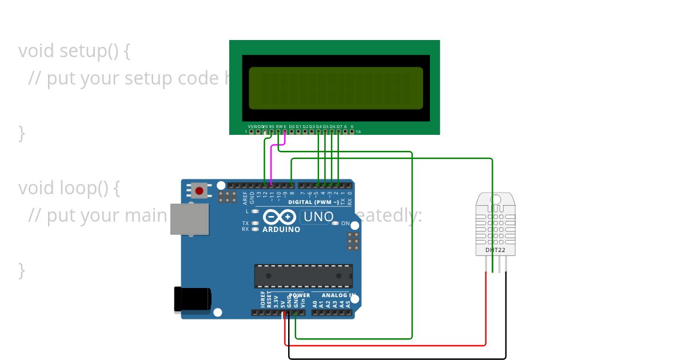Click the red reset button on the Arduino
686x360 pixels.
point(199,190)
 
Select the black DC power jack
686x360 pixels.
point(192,299)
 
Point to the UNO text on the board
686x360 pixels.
point(318,217)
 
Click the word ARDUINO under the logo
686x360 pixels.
point(281,230)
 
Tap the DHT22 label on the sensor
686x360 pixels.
point(495,250)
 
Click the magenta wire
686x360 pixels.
point(271,166)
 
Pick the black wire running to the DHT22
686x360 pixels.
point(400,359)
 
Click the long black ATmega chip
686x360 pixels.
point(303,276)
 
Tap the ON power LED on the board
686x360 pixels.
point(345,223)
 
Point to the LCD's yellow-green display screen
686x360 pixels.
point(336,88)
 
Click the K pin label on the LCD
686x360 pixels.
point(352,126)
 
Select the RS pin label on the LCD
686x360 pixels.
point(272,126)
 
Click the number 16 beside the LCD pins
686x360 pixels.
point(358,132)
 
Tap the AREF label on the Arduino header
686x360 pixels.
point(245,198)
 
